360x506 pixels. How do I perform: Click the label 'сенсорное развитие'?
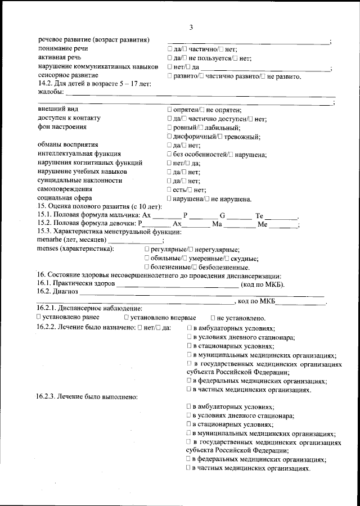[x=68, y=75]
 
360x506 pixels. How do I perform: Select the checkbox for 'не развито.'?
[x=263, y=75]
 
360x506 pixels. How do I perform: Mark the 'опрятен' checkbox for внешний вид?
[x=170, y=110]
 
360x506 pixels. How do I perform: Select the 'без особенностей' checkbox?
[x=170, y=154]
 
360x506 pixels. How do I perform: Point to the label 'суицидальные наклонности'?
[x=80, y=180]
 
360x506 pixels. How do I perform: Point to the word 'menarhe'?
[x=49, y=240]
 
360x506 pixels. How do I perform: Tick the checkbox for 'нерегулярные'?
[x=191, y=249]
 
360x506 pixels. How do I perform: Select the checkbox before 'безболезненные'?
[x=193, y=266]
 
